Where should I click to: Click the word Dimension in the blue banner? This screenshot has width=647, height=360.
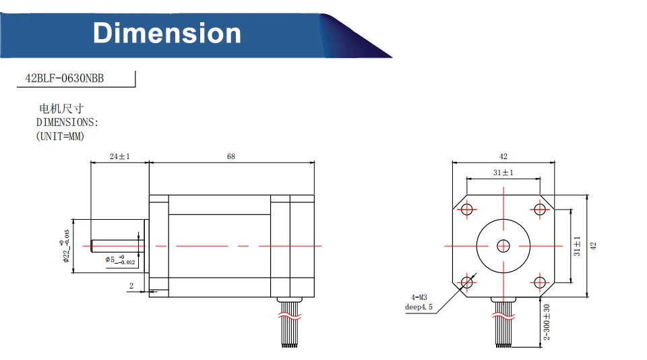(x=166, y=33)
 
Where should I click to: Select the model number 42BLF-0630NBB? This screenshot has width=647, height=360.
(x=65, y=78)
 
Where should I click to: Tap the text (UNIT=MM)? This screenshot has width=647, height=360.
(x=60, y=136)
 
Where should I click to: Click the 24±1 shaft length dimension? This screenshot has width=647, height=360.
(x=120, y=156)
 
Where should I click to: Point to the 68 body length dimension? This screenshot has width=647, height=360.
(x=231, y=156)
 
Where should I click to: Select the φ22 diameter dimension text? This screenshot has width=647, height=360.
(x=65, y=246)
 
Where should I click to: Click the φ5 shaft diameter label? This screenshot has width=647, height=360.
(x=120, y=260)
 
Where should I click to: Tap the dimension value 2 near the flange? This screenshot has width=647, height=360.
(x=131, y=286)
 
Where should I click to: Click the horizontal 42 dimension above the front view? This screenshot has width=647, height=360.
(x=503, y=156)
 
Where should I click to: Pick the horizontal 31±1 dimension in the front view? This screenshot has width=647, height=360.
(x=503, y=173)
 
